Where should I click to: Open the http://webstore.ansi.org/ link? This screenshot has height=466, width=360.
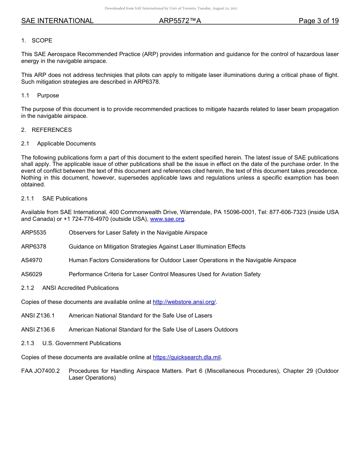pyautogui.click(x=184, y=302)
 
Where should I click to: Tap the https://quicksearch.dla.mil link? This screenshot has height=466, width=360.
pyautogui.click(x=186, y=357)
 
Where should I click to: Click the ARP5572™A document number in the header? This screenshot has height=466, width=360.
pyautogui.click(x=180, y=21)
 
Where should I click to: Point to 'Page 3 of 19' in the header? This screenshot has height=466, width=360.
pyautogui.click(x=318, y=21)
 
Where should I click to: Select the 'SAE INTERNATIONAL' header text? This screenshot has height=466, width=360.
pyautogui.click(x=57, y=21)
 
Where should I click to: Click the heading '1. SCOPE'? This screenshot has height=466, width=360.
pyautogui.click(x=37, y=41)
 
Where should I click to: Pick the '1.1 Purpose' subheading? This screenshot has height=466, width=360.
pyautogui.click(x=40, y=95)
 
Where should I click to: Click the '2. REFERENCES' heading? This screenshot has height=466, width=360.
pyautogui.click(x=47, y=130)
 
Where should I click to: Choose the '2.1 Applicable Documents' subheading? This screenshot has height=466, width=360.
pyautogui.click(x=58, y=144)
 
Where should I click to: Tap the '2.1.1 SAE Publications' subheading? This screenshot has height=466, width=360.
pyautogui.click(x=54, y=199)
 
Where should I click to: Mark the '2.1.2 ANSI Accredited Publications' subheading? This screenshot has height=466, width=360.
pyautogui.click(x=70, y=288)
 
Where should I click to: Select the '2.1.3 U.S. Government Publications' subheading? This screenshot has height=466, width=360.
pyautogui.click(x=71, y=343)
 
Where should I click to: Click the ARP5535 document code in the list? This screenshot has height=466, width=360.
pyautogui.click(x=34, y=233)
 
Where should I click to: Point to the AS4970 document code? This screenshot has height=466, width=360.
pyautogui.click(x=32, y=260)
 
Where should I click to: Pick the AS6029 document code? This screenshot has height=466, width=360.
pyautogui.click(x=32, y=274)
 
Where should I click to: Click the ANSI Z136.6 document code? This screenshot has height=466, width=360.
pyautogui.click(x=38, y=330)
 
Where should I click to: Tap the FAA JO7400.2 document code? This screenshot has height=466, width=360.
pyautogui.click(x=41, y=371)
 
